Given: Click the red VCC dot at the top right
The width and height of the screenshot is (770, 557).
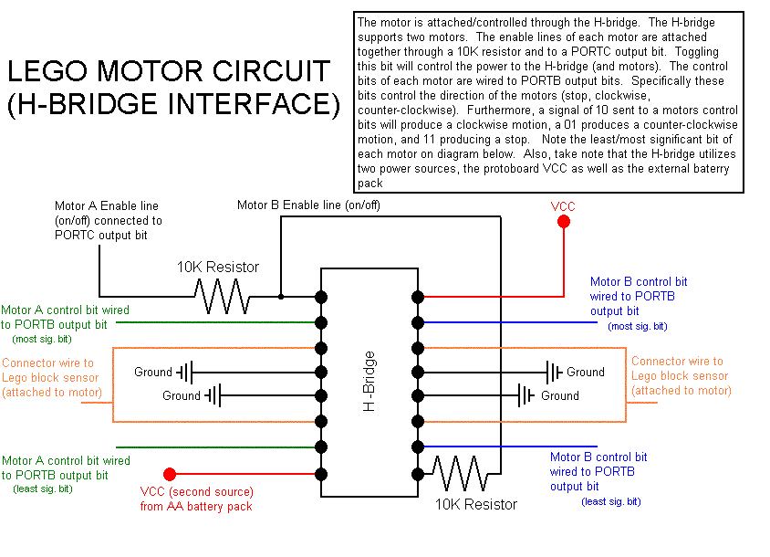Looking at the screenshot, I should [564, 222].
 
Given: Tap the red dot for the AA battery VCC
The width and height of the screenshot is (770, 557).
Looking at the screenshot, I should [169, 474].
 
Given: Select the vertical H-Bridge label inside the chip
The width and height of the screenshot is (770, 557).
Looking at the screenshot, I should [369, 380].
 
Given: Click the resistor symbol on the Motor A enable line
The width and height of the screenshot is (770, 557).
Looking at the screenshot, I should [222, 297].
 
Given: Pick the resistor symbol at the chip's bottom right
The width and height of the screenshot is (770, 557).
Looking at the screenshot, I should [458, 474].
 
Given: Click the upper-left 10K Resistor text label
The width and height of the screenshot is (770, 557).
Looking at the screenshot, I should [217, 268].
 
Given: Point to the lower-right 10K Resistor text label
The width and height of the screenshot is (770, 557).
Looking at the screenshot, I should [475, 504].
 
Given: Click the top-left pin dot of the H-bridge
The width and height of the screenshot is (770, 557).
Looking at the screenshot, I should [321, 297].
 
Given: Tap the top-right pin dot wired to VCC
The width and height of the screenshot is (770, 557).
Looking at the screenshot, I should [418, 297].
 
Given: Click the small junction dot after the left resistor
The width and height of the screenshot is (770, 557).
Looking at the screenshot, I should [281, 297].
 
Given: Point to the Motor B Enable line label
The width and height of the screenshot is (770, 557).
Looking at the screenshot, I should [308, 205].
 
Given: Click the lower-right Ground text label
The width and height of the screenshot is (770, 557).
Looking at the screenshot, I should [559, 395].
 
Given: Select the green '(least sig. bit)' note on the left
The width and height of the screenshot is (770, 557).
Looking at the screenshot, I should [42, 489].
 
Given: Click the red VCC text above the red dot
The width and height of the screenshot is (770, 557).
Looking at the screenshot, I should [564, 206].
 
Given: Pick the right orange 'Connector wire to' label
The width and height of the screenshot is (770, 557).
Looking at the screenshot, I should [677, 362].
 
